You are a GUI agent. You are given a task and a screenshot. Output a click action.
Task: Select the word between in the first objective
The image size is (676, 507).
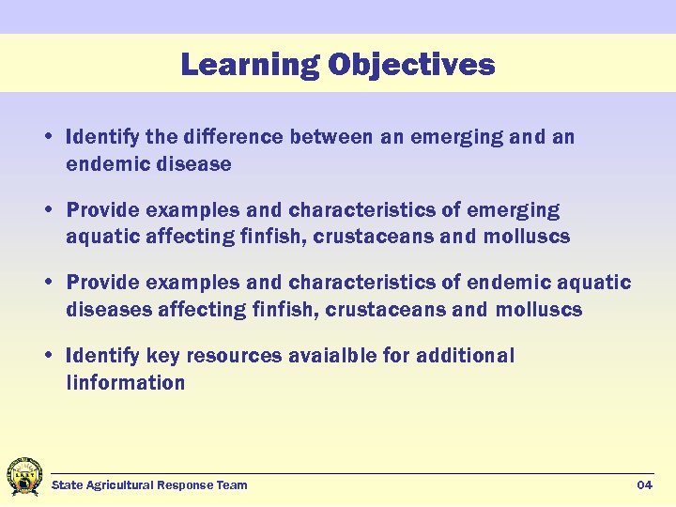tap(332, 137)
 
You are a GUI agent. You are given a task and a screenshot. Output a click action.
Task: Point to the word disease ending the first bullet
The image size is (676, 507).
tap(194, 163)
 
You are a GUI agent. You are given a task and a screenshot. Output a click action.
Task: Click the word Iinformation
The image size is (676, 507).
tap(126, 382)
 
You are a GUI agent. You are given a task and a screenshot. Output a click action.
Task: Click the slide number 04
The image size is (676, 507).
tap(644, 484)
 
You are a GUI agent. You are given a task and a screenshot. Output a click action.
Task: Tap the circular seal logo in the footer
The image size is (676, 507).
tap(23, 477)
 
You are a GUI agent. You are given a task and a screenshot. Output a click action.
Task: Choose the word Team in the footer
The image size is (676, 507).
tap(232, 484)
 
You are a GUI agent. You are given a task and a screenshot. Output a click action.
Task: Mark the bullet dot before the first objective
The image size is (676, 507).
tap(47, 138)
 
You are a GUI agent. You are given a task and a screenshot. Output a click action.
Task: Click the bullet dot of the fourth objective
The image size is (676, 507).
tap(47, 357)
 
